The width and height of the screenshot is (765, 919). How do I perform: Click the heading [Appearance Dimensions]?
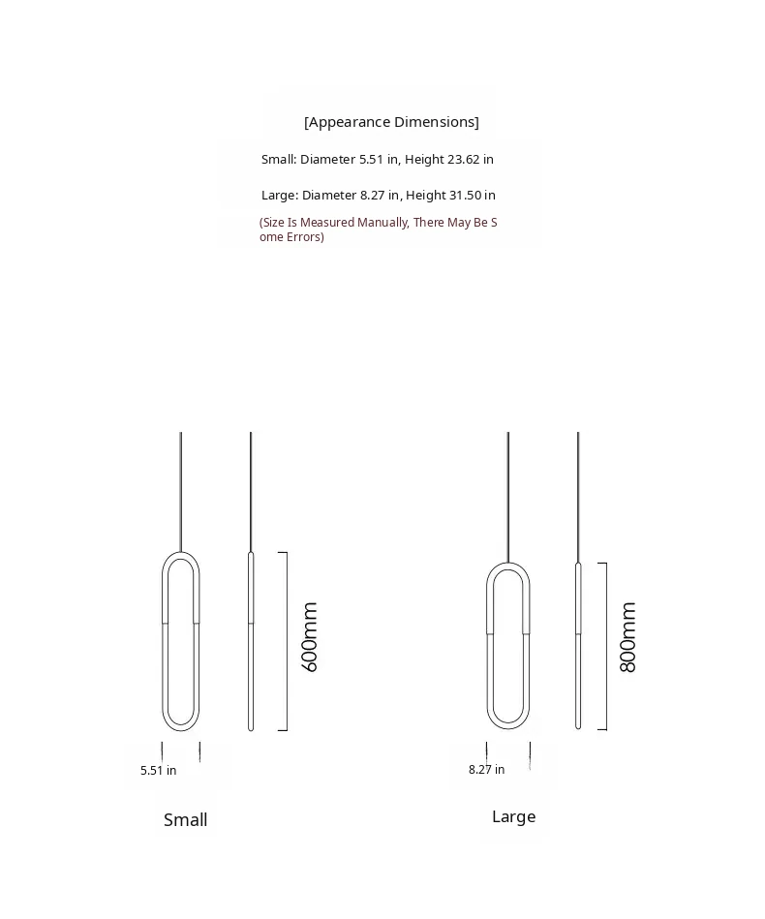391,122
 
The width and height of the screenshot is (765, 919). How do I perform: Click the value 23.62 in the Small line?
470,159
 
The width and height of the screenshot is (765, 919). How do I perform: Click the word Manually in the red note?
382,223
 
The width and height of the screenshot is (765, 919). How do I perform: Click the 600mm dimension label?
310,637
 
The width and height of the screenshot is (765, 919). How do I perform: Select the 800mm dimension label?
628,637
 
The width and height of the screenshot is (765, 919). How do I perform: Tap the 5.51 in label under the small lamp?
158,771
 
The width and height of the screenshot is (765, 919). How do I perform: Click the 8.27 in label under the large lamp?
486,770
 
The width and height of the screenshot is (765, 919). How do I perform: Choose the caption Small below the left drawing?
185,820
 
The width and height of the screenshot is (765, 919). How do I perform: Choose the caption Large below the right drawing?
513,817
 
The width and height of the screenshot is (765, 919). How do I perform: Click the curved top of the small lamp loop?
181,555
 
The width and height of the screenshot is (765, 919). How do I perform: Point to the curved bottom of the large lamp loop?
507,725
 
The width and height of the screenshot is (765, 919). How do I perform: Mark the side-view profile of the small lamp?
251,639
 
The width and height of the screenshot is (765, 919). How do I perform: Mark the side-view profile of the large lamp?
578,644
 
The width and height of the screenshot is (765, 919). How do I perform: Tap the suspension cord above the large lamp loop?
508,494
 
